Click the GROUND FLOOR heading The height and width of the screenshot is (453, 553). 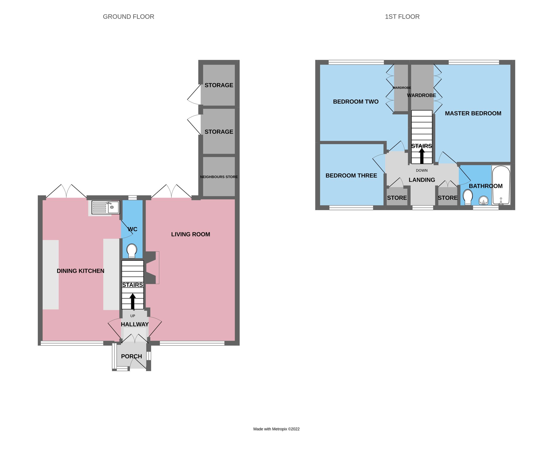128,17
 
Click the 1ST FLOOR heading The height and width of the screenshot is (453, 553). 402,17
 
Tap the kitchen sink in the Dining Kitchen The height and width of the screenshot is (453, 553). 105,207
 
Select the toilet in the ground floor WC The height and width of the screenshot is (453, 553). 132,251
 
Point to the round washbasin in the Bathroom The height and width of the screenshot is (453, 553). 483,201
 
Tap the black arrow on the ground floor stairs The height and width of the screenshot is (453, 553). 133,301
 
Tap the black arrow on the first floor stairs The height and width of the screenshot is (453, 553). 422,156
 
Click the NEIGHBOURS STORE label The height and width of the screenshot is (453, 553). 219,177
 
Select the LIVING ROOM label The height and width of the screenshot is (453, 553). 191,234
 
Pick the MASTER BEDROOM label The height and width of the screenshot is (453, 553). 473,113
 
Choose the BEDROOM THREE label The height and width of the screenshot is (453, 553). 351,176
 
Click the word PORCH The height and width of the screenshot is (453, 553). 132,356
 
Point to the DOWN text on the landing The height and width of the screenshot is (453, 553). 422,170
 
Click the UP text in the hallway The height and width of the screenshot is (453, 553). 133,316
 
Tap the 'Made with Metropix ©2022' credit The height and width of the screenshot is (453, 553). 276,429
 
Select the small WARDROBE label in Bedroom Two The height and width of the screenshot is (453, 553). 402,88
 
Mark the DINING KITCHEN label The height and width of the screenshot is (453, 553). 80,271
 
